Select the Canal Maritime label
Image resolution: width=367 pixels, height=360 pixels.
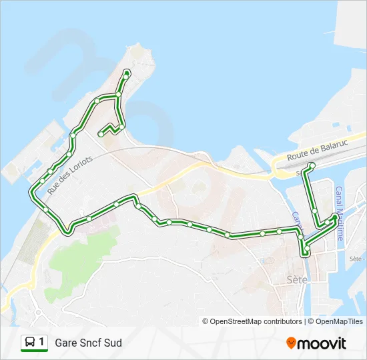click(x=340, y=213)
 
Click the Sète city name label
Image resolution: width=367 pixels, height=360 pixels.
click(x=296, y=279)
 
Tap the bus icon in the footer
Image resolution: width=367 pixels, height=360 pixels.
click(x=30, y=343)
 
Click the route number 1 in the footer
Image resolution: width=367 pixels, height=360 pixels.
click(x=42, y=343)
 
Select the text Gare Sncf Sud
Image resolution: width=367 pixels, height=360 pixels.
click(x=88, y=343)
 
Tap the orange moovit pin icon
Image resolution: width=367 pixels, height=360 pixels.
click(x=291, y=343)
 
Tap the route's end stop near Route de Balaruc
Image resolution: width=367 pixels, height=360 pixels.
click(x=312, y=165)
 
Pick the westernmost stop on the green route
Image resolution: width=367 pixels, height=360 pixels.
click(x=31, y=193)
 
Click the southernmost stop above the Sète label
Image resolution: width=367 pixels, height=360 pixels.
click(x=306, y=252)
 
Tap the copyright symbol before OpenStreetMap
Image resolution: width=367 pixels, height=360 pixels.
click(x=206, y=321)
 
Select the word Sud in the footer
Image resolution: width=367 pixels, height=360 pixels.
click(x=113, y=343)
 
